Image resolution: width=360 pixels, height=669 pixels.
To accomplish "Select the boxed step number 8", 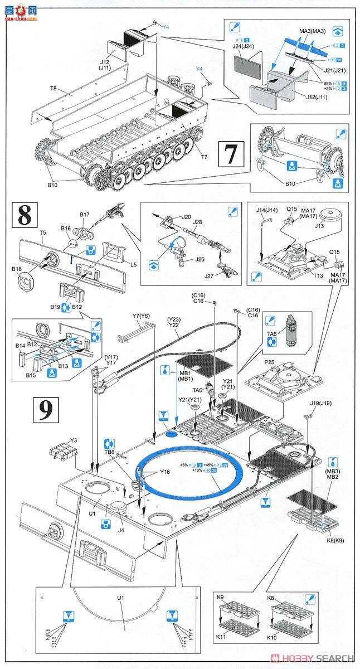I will click(x=24, y=216).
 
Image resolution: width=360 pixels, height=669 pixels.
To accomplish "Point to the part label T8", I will click(x=53, y=89).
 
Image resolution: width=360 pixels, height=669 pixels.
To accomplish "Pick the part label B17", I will click(x=84, y=214).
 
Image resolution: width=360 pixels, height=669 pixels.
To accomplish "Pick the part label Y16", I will click(x=164, y=472).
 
